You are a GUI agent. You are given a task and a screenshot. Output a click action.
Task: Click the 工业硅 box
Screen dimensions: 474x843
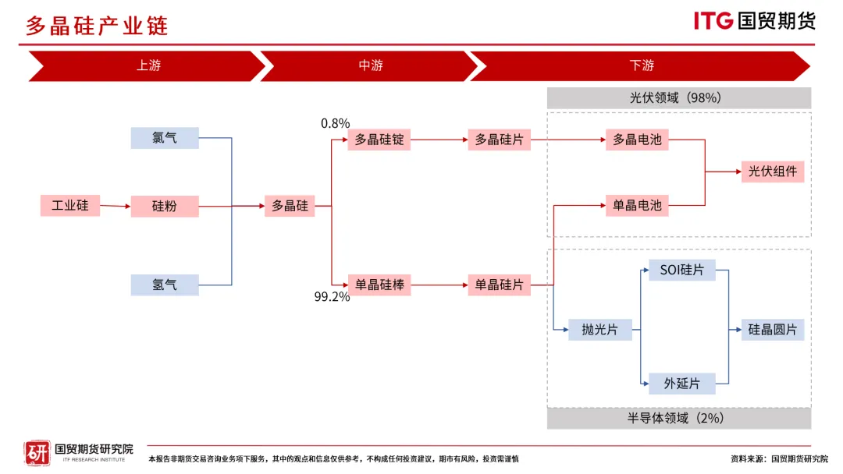[70, 207]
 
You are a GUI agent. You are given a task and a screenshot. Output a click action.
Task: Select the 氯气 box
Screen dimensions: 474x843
[165, 138]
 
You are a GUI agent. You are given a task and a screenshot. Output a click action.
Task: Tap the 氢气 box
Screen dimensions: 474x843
[165, 285]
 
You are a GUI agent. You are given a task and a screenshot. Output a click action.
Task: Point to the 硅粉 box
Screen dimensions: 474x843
[165, 207]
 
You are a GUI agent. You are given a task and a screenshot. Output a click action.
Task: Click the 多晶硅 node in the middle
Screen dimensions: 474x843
[290, 207]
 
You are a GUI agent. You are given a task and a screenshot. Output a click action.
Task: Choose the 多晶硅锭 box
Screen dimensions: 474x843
[379, 140]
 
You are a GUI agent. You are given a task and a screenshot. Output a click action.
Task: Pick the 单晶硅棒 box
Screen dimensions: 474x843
[379, 285]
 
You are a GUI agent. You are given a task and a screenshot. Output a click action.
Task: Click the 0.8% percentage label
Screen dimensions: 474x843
[335, 123]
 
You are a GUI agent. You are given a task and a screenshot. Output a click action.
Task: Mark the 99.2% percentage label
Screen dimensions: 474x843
[332, 297]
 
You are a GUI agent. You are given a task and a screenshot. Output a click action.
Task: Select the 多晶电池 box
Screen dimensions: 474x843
[637, 140]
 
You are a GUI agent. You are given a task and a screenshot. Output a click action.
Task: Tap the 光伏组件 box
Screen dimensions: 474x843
[773, 172]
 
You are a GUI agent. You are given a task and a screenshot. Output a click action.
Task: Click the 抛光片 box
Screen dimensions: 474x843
[599, 330]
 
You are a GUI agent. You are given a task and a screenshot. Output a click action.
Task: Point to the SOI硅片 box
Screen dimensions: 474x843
[682, 271]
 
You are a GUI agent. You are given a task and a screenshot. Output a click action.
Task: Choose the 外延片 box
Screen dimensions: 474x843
[682, 384]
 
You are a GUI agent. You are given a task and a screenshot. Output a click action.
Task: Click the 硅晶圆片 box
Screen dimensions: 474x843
[773, 330]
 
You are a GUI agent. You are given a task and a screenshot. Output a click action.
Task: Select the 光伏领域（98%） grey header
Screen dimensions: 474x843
[678, 98]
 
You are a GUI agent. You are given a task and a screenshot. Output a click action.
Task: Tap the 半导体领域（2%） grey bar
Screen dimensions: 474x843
[678, 418]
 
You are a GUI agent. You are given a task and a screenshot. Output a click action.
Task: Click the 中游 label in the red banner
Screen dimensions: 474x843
[371, 65]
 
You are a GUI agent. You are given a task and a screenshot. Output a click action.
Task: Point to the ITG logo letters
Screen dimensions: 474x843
[713, 21]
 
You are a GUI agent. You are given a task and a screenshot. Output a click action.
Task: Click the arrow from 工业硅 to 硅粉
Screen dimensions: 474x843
[115, 207]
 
